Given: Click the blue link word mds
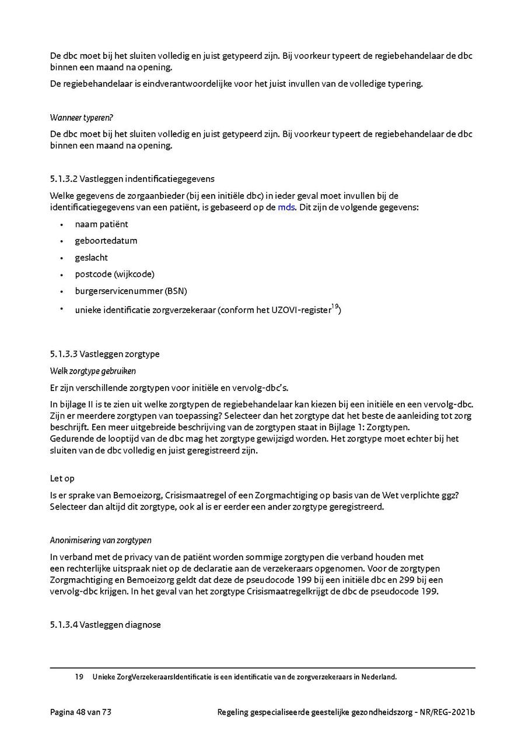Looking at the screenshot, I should [x=286, y=207].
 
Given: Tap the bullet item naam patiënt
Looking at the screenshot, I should [x=101, y=224].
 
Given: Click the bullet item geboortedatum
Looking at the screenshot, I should [x=106, y=241].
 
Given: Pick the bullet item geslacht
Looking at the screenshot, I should [x=91, y=257].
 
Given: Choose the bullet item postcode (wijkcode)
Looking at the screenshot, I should [x=114, y=274].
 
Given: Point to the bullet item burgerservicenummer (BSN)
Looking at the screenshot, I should [x=131, y=290].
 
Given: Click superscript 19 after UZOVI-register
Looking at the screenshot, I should [x=334, y=306].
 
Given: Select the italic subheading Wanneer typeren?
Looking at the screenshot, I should [x=81, y=118].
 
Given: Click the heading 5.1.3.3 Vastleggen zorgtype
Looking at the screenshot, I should [x=105, y=354].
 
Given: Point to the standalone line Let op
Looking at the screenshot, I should [x=62, y=479].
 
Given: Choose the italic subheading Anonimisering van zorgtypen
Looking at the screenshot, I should [x=101, y=540].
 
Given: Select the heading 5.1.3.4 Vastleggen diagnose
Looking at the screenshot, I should [x=105, y=625].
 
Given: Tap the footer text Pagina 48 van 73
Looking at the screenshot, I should [x=80, y=712].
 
